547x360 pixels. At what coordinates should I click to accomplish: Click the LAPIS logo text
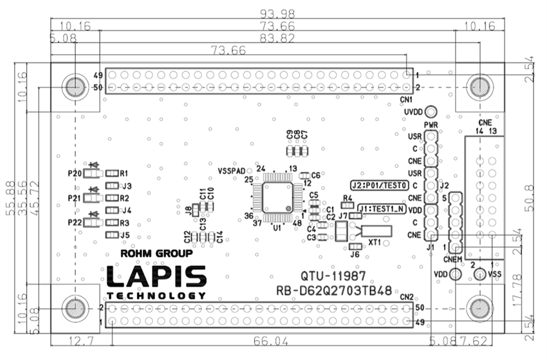(156, 276)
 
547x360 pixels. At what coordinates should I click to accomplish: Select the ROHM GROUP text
(156, 253)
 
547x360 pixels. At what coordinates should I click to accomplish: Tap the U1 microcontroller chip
(277, 195)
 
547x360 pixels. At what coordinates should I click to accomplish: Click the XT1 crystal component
(376, 231)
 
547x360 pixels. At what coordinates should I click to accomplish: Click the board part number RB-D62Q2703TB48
(334, 290)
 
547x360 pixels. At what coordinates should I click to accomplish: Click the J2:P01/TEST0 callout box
(380, 185)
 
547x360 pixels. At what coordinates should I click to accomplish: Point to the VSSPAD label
(231, 171)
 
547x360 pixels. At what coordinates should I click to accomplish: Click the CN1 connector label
(405, 99)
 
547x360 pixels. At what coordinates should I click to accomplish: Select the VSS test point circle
(479, 274)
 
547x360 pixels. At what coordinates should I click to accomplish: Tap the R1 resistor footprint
(113, 173)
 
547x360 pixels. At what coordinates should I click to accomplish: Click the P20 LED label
(74, 173)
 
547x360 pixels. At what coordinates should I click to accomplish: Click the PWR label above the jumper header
(431, 125)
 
